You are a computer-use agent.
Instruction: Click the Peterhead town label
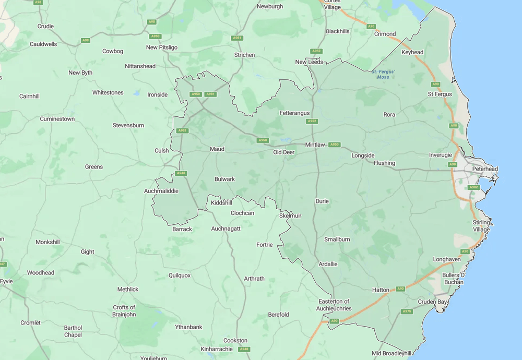click(485, 169)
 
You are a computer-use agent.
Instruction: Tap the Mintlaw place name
click(315, 145)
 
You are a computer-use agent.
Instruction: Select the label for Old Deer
click(284, 152)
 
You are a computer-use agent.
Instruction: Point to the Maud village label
click(217, 149)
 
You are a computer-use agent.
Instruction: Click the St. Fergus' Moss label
click(383, 74)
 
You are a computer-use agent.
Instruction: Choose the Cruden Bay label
click(433, 302)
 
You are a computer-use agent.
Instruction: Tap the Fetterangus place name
click(294, 113)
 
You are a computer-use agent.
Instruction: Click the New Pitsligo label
click(162, 47)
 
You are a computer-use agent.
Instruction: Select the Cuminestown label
click(57, 119)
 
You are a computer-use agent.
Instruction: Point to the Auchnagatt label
click(226, 229)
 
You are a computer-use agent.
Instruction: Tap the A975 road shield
click(407, 311)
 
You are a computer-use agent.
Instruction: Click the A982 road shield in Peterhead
click(473, 187)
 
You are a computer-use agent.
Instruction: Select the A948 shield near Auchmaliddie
click(181, 173)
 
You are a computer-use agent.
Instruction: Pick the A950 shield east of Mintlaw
click(334, 145)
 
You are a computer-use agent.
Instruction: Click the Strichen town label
click(245, 55)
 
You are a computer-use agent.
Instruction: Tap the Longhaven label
click(447, 259)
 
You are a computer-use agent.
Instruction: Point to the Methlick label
click(128, 289)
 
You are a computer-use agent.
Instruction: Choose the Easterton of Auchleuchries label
click(334, 305)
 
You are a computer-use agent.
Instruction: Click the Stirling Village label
click(481, 226)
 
